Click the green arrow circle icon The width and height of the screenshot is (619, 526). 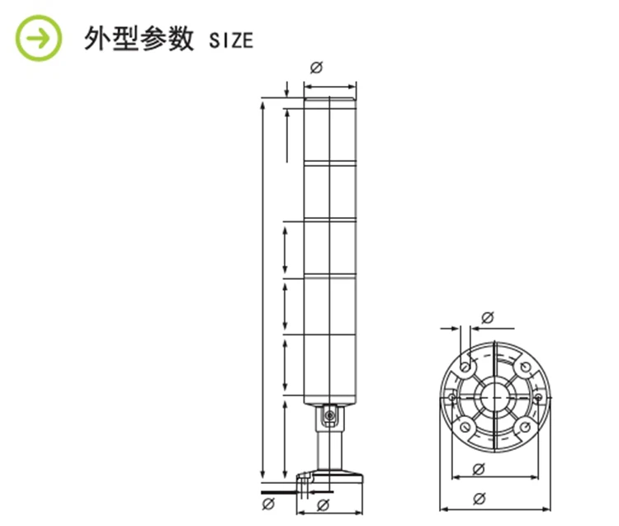pyautogui.click(x=40, y=38)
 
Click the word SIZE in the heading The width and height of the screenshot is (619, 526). pyautogui.click(x=230, y=40)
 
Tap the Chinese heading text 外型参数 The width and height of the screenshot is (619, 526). pyautogui.click(x=138, y=39)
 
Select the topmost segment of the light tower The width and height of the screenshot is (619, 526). pyautogui.click(x=330, y=131)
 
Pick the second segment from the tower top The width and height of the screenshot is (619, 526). pyautogui.click(x=330, y=192)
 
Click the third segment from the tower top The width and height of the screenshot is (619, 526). pyautogui.click(x=330, y=248)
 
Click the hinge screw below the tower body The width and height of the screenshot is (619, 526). pyautogui.click(x=328, y=415)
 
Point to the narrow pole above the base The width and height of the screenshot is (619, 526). pyautogui.click(x=328, y=449)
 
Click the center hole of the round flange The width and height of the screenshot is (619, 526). pyautogui.click(x=494, y=396)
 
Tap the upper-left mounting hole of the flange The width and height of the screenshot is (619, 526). pyautogui.click(x=465, y=365)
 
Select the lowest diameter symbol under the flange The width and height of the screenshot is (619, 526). pyautogui.click(x=480, y=499)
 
